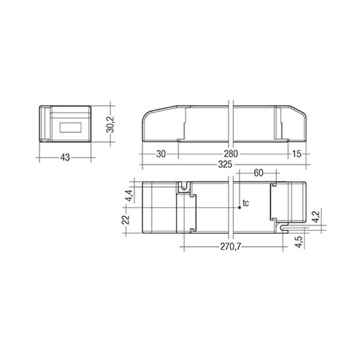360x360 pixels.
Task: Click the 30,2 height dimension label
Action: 110,125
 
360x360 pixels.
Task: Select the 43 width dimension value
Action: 65,158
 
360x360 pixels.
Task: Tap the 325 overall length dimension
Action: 225,164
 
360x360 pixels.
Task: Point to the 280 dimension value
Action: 231,154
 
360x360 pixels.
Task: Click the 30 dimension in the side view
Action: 161,154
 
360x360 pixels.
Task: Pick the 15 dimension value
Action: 296,154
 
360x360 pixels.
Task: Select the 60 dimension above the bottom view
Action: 258,173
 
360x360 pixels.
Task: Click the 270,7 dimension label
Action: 230,247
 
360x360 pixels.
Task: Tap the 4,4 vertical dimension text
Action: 130,196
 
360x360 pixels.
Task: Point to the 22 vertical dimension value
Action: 126,220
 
